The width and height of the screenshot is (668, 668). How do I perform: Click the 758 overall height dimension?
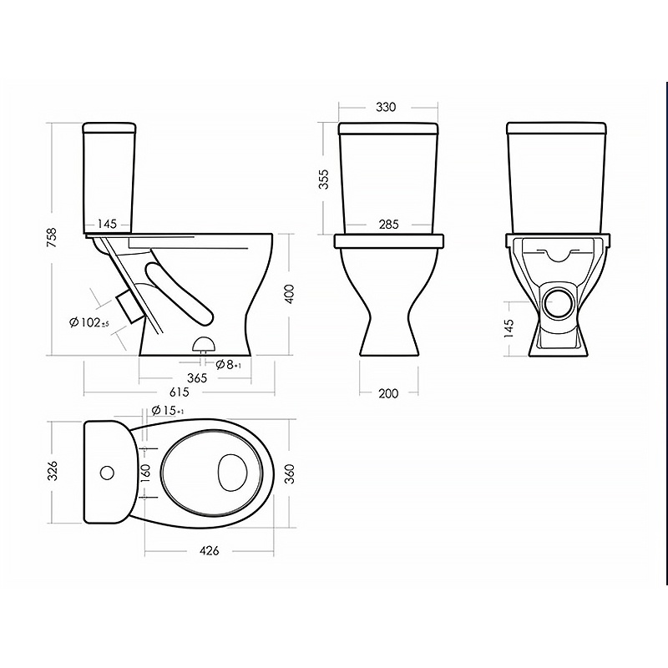pyautogui.click(x=52, y=239)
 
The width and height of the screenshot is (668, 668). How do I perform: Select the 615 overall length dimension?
pyautogui.click(x=179, y=392)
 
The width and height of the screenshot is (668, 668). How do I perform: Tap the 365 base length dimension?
pyautogui.click(x=197, y=377)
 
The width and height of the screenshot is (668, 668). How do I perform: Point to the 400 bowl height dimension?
pyautogui.click(x=289, y=294)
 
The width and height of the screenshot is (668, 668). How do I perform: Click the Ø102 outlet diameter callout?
pyautogui.click(x=89, y=323)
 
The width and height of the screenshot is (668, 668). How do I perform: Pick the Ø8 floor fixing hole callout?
pyautogui.click(x=229, y=364)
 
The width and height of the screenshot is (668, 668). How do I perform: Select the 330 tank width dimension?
pyautogui.click(x=386, y=107)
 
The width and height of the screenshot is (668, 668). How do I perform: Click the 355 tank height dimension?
pyautogui.click(x=323, y=180)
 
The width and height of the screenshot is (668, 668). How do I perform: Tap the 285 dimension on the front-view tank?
pyautogui.click(x=388, y=224)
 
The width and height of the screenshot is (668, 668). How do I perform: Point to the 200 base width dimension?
pyautogui.click(x=388, y=393)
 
